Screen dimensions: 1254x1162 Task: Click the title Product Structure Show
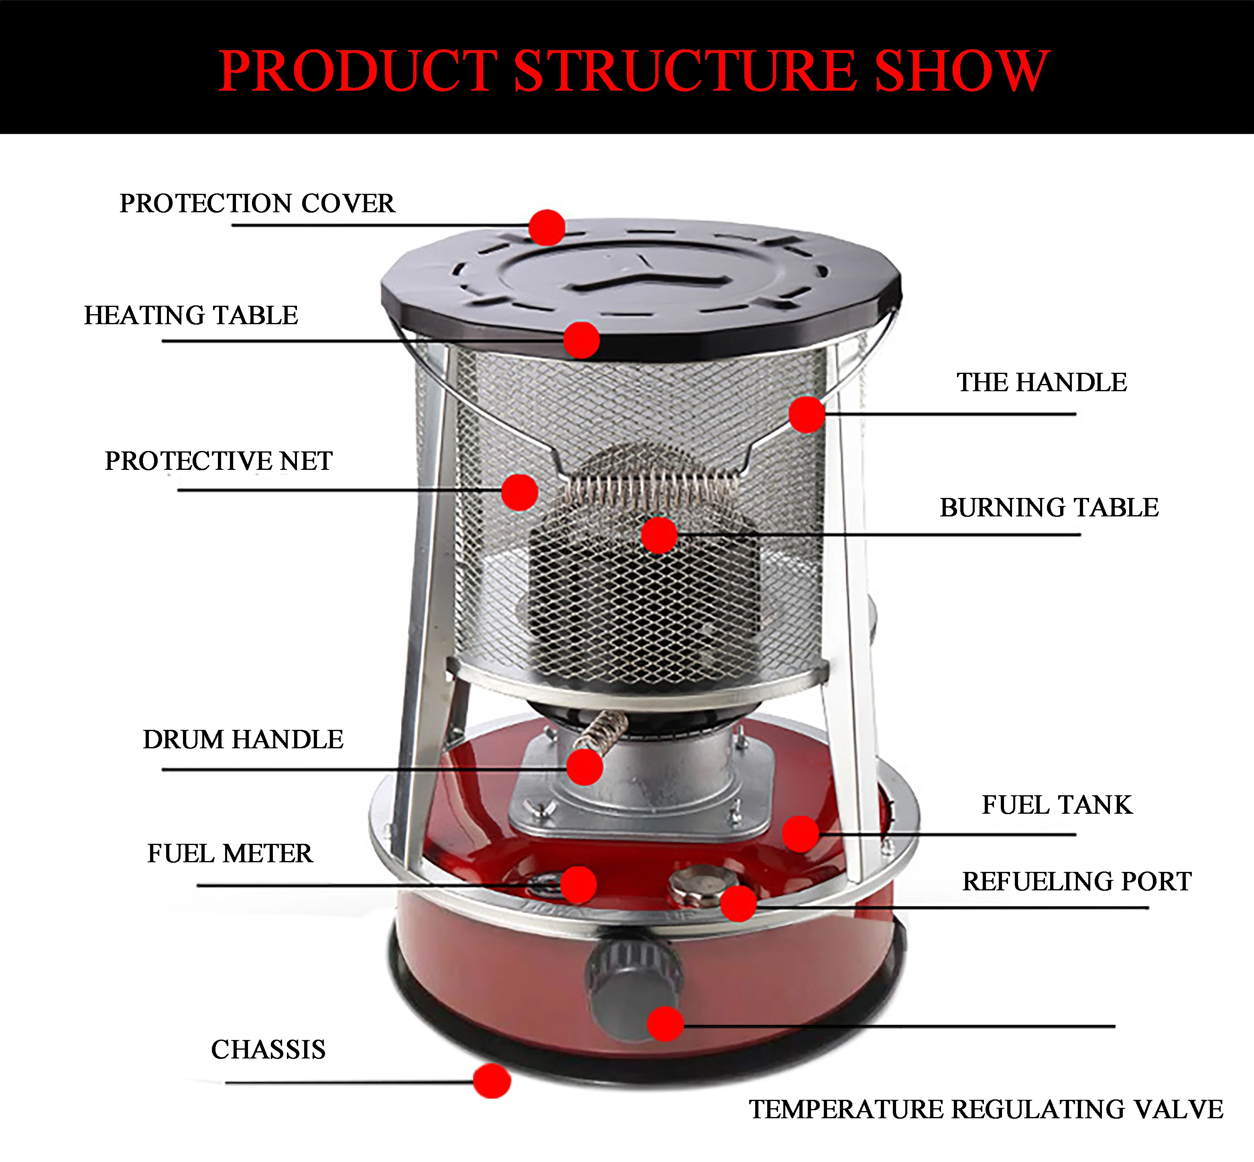(x=633, y=71)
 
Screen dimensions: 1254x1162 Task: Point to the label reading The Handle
(x=1041, y=383)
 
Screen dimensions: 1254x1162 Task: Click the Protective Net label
(x=218, y=461)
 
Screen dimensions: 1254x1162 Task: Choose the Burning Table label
(x=1049, y=508)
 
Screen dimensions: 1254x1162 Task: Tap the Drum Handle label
(x=243, y=740)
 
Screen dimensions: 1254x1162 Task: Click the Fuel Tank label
(x=1057, y=805)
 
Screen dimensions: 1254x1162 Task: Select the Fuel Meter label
(x=230, y=854)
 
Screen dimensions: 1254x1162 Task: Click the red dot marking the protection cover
(x=547, y=227)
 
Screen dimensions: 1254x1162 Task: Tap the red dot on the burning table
(x=659, y=535)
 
